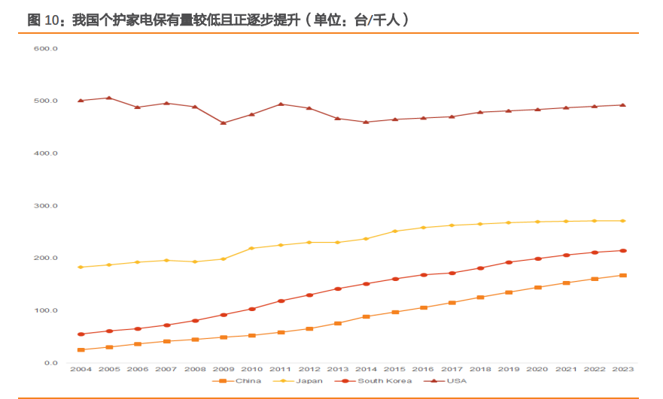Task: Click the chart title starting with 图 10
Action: coord(218,20)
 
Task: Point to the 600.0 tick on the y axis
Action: coord(47,49)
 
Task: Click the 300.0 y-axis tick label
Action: coord(47,206)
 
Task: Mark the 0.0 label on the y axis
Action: coord(50,363)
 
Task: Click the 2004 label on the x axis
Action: coord(81,370)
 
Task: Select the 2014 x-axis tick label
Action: coord(366,370)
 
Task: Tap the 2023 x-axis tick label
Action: coord(622,370)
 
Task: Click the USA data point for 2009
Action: coord(224,122)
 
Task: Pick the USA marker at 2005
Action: coord(109,98)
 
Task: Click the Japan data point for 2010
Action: coord(251,248)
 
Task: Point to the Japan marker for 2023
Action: coord(622,221)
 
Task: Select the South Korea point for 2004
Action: coord(81,334)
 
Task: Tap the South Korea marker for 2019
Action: coord(509,262)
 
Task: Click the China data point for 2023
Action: coord(622,275)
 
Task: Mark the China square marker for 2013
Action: coord(337,323)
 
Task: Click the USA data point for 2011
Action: coord(280,104)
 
